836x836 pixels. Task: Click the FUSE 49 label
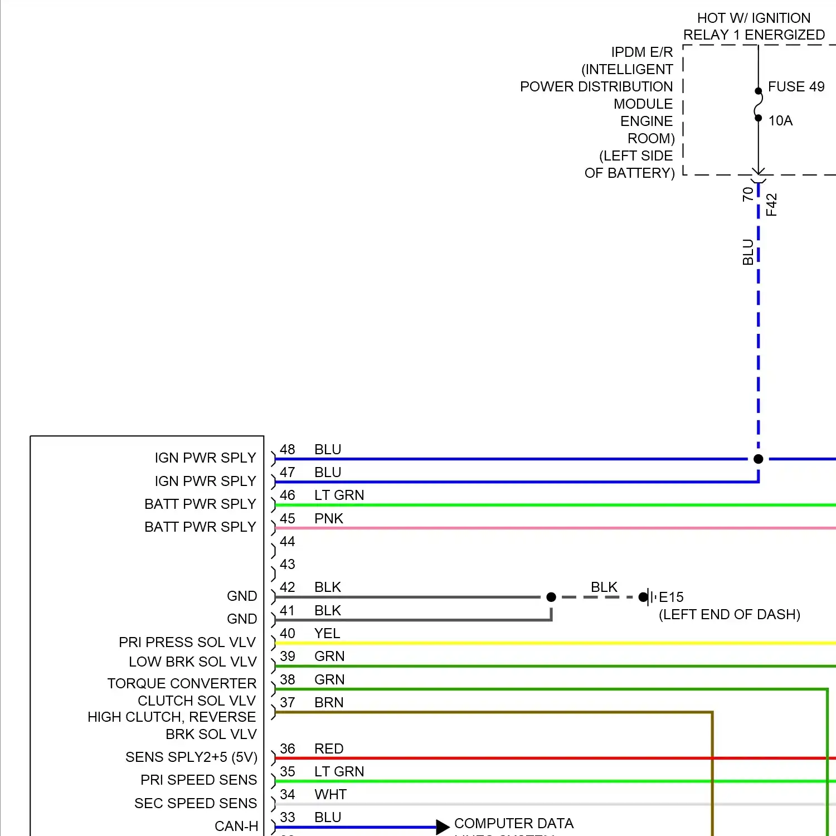(x=796, y=87)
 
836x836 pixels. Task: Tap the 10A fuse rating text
(x=780, y=121)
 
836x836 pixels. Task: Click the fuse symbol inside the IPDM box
(x=758, y=104)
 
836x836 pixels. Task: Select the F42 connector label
(x=771, y=205)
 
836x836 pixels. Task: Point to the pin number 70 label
(x=748, y=194)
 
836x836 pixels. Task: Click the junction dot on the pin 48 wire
(x=758, y=459)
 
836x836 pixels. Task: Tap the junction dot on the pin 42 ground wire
(x=551, y=597)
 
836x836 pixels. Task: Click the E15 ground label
(x=671, y=597)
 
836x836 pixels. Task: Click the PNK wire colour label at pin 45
(x=328, y=519)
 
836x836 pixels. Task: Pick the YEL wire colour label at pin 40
(x=327, y=634)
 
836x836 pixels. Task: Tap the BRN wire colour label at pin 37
(x=329, y=703)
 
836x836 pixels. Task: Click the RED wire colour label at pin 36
(x=329, y=749)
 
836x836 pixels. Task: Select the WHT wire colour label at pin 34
(x=330, y=795)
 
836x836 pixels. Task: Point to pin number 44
(x=288, y=542)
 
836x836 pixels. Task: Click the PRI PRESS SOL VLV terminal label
(x=187, y=643)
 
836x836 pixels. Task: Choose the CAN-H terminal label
(x=236, y=826)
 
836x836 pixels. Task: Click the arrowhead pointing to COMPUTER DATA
(x=443, y=827)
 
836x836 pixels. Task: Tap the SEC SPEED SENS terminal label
(x=196, y=803)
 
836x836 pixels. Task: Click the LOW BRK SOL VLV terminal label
(x=193, y=662)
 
